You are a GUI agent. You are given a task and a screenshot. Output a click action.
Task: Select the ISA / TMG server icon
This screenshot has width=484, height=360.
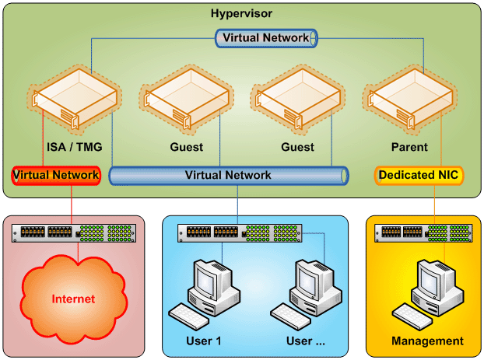tap(75, 99)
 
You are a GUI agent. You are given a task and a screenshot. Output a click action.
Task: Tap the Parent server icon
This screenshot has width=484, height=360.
tap(409, 99)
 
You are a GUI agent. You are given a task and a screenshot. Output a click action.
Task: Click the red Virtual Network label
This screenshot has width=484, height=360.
tap(56, 175)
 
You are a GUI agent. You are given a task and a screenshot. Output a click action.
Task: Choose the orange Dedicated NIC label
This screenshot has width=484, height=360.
tap(419, 175)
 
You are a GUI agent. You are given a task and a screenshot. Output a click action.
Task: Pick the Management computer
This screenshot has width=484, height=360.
tap(431, 285)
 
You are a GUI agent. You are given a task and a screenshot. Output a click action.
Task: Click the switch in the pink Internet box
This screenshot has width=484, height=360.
tap(73, 232)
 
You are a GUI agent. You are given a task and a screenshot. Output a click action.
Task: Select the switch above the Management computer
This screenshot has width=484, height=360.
tap(423, 232)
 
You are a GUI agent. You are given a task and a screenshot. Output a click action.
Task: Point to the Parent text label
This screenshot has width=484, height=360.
tap(409, 147)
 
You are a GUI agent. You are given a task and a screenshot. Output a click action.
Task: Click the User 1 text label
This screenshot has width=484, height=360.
tap(203, 341)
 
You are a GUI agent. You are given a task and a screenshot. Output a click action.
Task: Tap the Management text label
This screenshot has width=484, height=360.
tap(427, 341)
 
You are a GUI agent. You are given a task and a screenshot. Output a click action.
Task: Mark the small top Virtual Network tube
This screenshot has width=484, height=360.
tap(265, 37)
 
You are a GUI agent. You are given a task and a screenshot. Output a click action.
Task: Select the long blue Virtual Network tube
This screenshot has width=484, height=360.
tap(228, 175)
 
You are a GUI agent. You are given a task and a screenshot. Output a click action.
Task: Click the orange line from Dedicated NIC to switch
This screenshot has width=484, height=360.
tap(434, 204)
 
